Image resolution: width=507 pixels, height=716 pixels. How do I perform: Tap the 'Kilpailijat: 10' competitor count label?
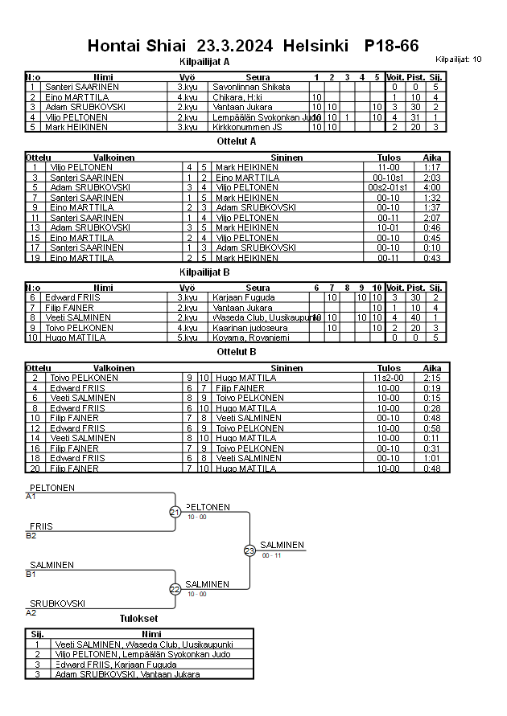(x=459, y=59)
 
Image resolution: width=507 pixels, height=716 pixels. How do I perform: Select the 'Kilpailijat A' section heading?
(x=204, y=61)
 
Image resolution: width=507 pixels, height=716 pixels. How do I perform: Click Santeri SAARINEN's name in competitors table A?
(x=82, y=87)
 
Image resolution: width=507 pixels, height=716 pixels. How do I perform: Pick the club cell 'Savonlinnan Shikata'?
(x=250, y=87)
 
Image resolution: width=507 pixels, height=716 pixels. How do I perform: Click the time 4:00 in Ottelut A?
(x=432, y=187)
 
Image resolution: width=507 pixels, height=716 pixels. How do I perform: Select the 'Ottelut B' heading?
(x=237, y=351)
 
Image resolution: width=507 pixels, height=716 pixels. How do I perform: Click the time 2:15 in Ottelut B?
(x=432, y=378)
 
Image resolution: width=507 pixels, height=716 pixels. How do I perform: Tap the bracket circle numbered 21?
(x=175, y=512)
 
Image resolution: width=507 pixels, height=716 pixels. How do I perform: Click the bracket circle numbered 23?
(x=249, y=550)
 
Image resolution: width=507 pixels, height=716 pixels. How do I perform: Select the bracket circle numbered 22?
(x=175, y=589)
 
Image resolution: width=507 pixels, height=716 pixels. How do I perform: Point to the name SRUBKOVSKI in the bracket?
(x=58, y=603)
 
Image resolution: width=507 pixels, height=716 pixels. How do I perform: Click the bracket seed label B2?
(x=31, y=535)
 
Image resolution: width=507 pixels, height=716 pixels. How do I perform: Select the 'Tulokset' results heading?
(x=138, y=619)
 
